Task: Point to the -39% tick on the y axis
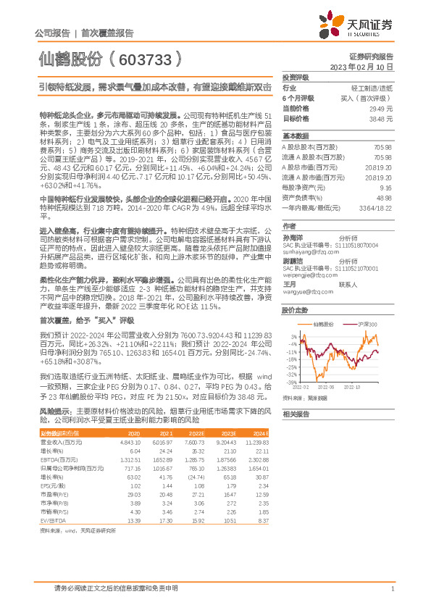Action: [291, 382]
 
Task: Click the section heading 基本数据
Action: [295, 135]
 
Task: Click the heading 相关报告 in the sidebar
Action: [295, 414]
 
